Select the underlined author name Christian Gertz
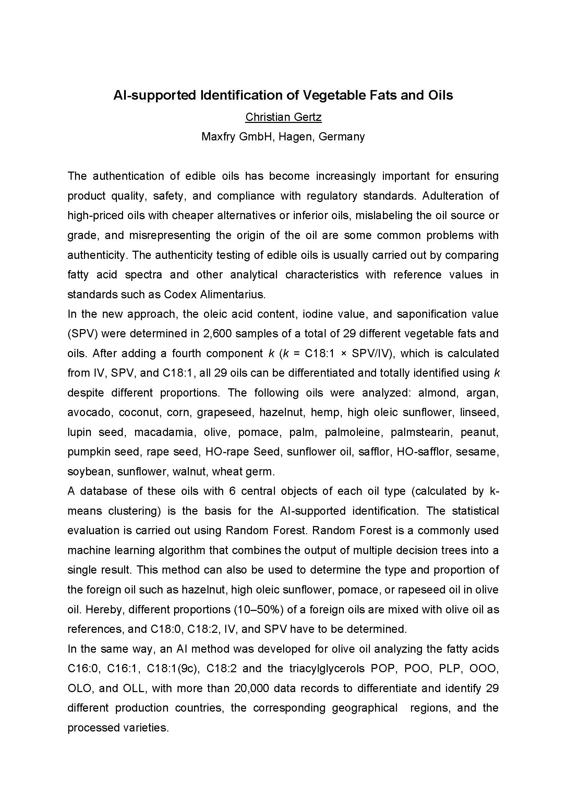tap(283, 117)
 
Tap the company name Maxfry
tap(218, 136)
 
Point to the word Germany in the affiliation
tap(341, 136)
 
